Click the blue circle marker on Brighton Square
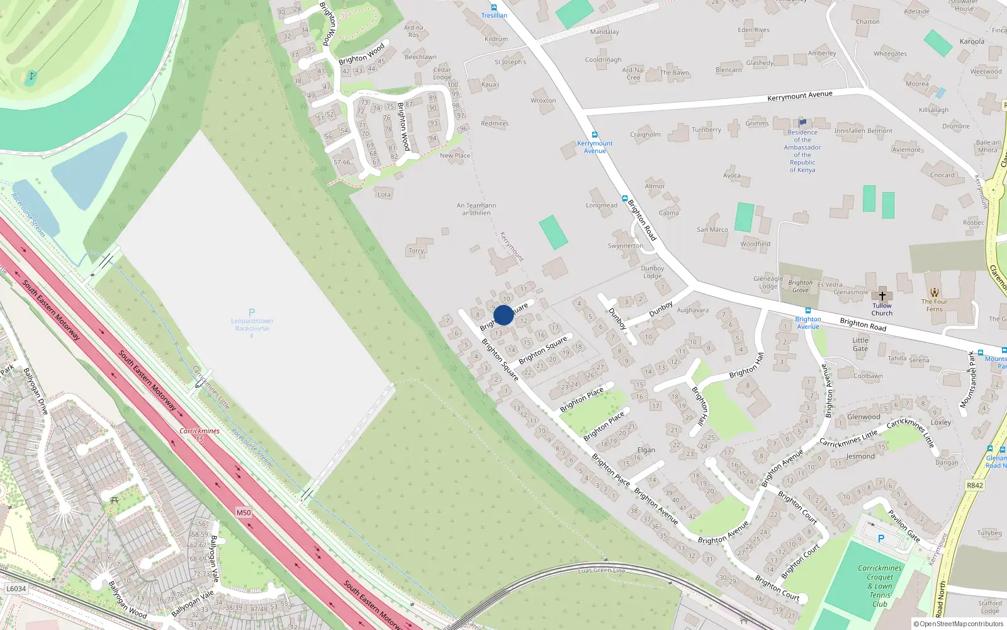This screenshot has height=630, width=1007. point(503,315)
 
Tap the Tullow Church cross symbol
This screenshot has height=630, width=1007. point(882,296)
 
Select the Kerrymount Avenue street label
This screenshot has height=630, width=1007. point(799,96)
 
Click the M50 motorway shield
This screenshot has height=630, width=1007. point(244,512)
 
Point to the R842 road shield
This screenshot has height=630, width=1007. point(974,485)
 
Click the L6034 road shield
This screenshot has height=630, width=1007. point(16,588)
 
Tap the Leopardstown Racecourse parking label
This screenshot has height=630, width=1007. point(252,324)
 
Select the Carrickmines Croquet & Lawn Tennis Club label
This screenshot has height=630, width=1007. point(880,586)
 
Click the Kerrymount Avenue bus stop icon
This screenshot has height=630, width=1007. point(594,135)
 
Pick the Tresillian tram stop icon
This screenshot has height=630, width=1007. point(494,8)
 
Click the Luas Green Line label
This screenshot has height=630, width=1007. point(602,571)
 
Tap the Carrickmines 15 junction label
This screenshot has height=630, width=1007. point(200,435)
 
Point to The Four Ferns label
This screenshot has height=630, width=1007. point(935,305)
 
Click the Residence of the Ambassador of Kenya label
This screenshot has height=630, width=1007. point(802,151)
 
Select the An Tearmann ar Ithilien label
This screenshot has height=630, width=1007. point(476,209)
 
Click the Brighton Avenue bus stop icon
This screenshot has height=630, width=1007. point(807,311)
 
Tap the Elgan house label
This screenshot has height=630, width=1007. point(646,450)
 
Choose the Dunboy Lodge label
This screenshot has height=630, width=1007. point(653,272)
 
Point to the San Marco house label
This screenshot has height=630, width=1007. point(712,229)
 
